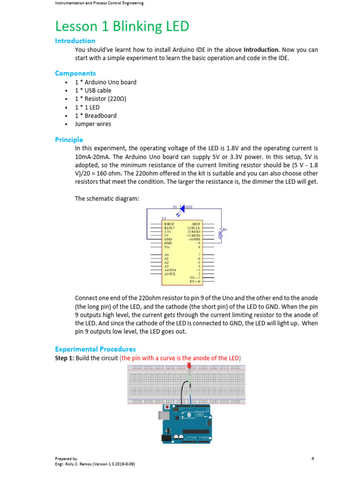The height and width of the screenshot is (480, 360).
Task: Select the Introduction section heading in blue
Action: point(75,41)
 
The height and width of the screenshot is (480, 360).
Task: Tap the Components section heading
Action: point(75,73)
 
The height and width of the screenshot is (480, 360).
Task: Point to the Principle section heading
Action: point(69,140)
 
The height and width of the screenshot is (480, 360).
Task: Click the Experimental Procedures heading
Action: point(95,349)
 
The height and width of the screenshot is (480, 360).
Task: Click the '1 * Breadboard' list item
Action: point(96,115)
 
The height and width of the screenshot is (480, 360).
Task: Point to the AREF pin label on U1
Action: point(196,225)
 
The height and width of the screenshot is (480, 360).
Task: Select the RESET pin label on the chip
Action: point(169,228)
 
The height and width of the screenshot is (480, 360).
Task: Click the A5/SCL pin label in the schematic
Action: point(170,274)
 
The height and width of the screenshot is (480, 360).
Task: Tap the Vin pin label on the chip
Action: point(167,247)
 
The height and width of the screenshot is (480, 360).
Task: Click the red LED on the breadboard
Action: point(188,365)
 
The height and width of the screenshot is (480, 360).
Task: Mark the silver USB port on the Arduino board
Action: point(164,416)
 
